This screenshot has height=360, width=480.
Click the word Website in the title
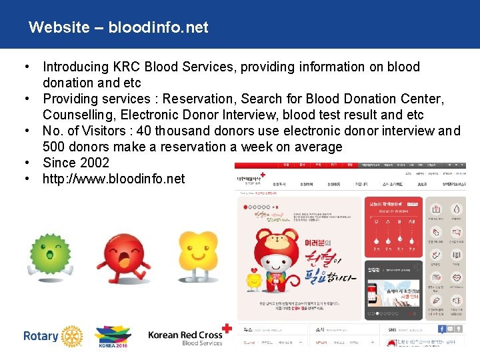tap(59, 27)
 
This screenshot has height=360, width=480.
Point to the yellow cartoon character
tap(197, 257)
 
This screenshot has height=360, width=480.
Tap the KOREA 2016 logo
tap(113, 337)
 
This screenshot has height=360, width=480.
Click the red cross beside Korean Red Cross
tap(228, 329)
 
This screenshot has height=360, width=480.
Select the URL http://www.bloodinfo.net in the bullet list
tap(113, 179)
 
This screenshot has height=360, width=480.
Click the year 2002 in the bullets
tap(93, 163)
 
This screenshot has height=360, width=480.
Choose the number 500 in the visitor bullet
tap(55, 147)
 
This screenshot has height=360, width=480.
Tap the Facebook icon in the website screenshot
tap(442, 329)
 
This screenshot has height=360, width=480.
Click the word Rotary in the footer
tap(41, 336)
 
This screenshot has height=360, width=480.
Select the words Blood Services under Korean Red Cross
tap(202, 343)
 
